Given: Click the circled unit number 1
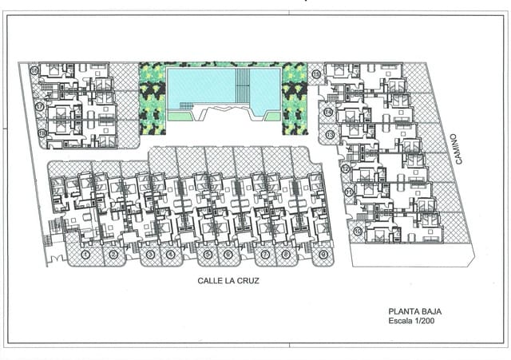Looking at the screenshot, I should pyautogui.click(x=84, y=255).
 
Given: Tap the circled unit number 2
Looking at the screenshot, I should pyautogui.click(x=113, y=255).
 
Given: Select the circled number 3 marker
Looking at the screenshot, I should pyautogui.click(x=149, y=255).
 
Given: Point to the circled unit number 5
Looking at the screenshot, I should pyautogui.click(x=208, y=255).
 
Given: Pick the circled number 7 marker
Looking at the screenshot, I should pyautogui.click(x=265, y=255).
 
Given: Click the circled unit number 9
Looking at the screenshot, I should pyautogui.click(x=323, y=255).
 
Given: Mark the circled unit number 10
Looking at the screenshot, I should pyautogui.click(x=358, y=231).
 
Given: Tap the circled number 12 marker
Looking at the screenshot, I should pyautogui.click(x=346, y=168).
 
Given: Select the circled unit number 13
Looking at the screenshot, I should pyautogui.click(x=330, y=136).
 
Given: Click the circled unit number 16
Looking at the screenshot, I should pyautogui.click(x=35, y=71).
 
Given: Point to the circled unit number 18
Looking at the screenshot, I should pyautogui.click(x=42, y=133).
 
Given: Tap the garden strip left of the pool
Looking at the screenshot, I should pyautogui.click(x=152, y=96).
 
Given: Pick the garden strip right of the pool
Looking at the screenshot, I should pyautogui.click(x=295, y=96).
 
